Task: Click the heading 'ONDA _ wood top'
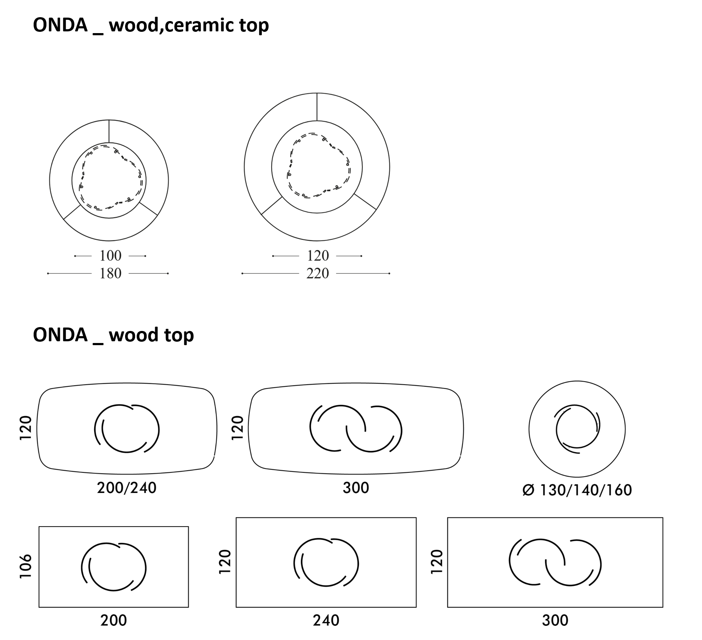(113, 335)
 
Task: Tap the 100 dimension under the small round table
(110, 256)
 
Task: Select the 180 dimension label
(110, 273)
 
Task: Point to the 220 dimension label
(317, 273)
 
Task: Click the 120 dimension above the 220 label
(318, 256)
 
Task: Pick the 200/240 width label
(127, 488)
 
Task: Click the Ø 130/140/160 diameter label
(577, 490)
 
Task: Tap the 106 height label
(26, 566)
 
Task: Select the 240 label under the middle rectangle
(326, 620)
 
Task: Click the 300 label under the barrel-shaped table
(356, 488)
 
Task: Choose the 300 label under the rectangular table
(555, 620)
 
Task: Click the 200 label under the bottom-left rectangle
(114, 620)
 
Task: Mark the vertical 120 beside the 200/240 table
(26, 428)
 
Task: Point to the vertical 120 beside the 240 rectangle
(225, 562)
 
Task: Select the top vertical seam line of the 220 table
(317, 107)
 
